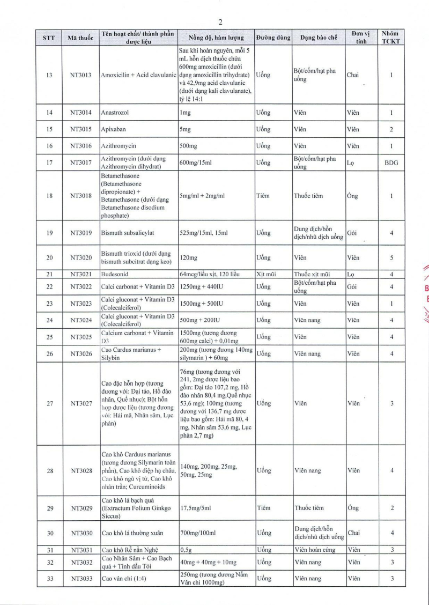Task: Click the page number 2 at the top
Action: (220, 22)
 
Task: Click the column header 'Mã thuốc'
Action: (81, 38)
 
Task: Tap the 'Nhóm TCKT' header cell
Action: (391, 38)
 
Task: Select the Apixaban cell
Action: (114, 129)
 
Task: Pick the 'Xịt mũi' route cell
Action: (267, 274)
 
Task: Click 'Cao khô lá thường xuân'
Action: (131, 533)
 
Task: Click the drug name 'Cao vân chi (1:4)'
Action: (125, 579)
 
